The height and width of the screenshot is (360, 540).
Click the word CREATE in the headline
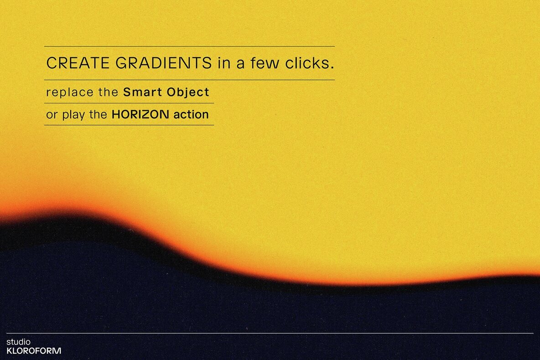pyautogui.click(x=78, y=63)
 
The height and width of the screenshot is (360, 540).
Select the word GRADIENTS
pyautogui.click(x=164, y=63)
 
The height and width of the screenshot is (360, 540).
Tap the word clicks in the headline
pyautogui.click(x=307, y=63)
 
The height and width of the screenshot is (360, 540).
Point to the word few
pyautogui.click(x=265, y=63)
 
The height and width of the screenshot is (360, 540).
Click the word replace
pyautogui.click(x=70, y=93)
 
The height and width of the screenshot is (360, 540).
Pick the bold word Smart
pyautogui.click(x=143, y=92)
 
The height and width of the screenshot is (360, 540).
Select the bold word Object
pyautogui.click(x=188, y=93)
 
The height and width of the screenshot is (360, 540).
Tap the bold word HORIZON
pyautogui.click(x=140, y=115)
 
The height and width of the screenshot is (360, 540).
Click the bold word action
pyautogui.click(x=191, y=115)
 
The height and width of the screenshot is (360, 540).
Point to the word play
pyautogui.click(x=73, y=115)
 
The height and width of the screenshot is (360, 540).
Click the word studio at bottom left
pyautogui.click(x=18, y=342)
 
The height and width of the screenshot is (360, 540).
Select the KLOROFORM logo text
pyautogui.click(x=34, y=351)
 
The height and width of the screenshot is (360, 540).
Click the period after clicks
pyautogui.click(x=332, y=68)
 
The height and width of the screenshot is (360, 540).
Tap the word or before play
pyautogui.click(x=52, y=116)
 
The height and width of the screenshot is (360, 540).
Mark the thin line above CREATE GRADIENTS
pyautogui.click(x=189, y=46)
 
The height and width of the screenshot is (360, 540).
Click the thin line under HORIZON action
pyautogui.click(x=129, y=125)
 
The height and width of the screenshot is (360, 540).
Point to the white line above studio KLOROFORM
pyautogui.click(x=270, y=333)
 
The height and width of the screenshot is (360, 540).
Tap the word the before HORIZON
pyautogui.click(x=98, y=115)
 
